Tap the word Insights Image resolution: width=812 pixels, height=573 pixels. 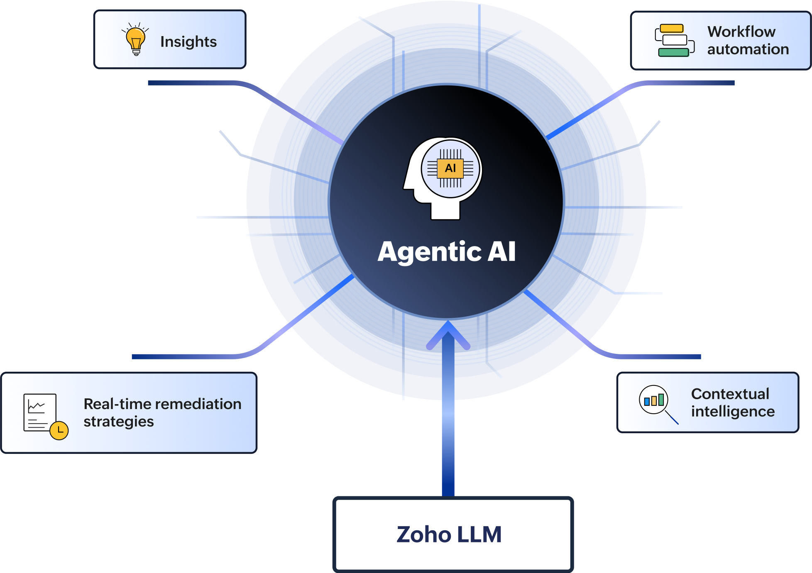coord(188,42)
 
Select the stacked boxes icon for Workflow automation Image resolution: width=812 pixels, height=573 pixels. coord(674,40)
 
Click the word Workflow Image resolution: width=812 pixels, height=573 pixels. coord(741,32)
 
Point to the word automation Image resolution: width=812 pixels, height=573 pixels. coord(748,49)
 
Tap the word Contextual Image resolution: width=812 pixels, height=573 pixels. coord(730,394)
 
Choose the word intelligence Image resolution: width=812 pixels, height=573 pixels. coord(733,412)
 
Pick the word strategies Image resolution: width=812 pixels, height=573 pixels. coord(119,422)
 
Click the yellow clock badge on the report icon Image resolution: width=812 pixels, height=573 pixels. coord(59,430)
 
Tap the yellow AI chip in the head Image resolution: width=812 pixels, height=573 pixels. coord(450,168)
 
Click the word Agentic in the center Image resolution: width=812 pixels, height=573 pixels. coord(429,252)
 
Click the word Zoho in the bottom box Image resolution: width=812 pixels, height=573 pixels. coord(423,534)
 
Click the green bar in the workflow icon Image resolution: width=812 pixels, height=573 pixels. coord(673,52)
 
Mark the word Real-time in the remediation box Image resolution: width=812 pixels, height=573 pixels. coord(111,404)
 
